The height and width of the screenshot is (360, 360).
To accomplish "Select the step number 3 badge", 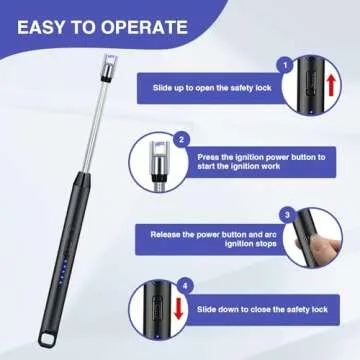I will tap(286, 214).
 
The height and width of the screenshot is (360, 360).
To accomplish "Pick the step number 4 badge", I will tap(182, 288).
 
